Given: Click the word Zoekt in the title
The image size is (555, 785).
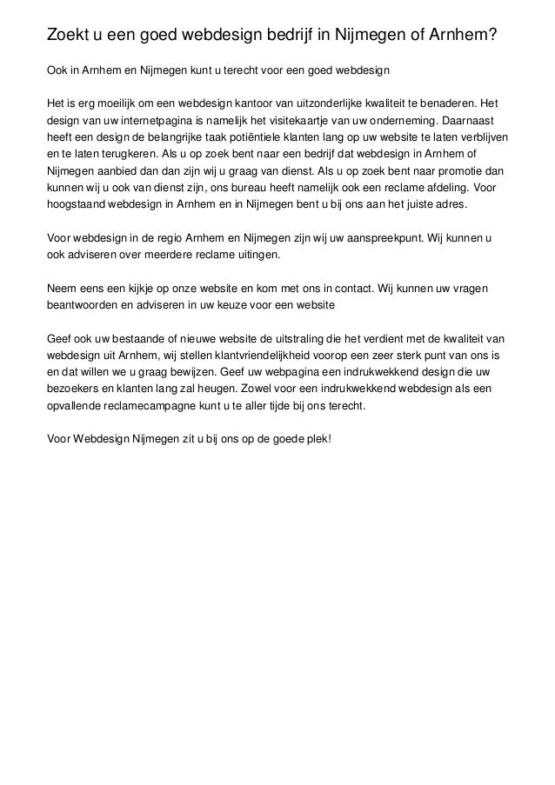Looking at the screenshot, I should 70,35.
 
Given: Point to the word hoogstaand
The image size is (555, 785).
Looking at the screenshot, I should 76,206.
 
